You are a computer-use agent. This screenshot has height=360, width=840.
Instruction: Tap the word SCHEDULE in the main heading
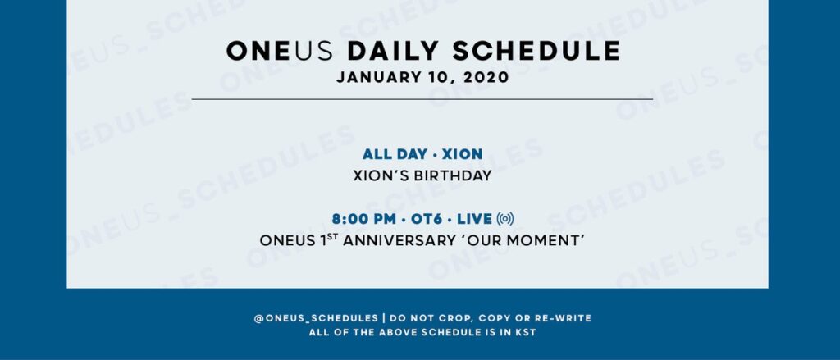[536, 52]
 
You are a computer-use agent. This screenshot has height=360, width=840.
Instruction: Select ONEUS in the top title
[280, 52]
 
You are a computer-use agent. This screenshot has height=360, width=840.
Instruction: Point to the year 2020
[486, 77]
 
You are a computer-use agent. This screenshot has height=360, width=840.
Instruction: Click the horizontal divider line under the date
[422, 99]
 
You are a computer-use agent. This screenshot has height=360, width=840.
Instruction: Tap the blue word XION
[462, 154]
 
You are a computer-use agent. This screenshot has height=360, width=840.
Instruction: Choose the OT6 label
[427, 219]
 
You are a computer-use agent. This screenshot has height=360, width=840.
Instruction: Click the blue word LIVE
[474, 219]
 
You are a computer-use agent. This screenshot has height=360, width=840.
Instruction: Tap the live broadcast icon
[505, 219]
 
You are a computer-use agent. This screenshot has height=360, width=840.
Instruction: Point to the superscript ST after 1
[332, 238]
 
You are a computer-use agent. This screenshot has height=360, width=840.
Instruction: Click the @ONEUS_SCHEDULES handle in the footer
[316, 318]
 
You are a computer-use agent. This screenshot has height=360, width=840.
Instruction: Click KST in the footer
[525, 332]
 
